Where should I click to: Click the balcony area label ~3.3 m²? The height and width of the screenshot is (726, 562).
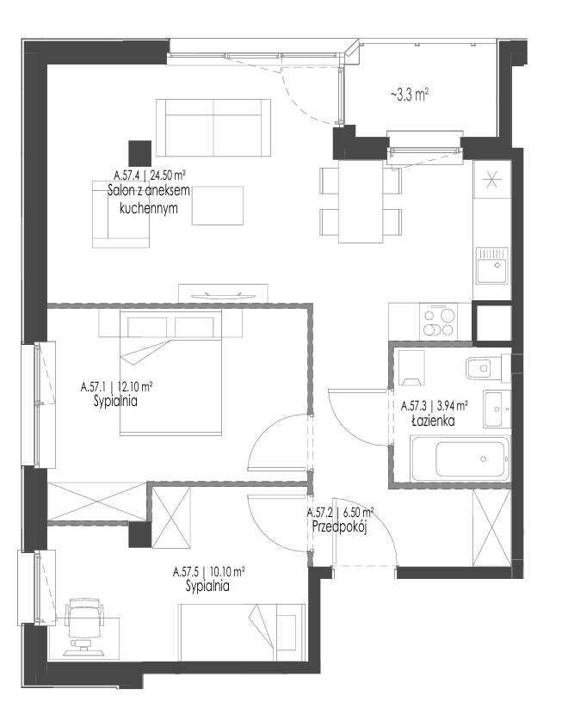[409, 95]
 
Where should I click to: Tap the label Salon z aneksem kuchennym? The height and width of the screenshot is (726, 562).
[149, 199]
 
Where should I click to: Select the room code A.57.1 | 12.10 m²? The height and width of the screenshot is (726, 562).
[117, 386]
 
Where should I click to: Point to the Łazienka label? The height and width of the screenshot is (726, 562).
[433, 421]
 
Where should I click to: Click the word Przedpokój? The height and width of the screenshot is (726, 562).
[340, 527]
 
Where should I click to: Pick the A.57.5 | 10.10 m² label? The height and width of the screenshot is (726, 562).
[208, 572]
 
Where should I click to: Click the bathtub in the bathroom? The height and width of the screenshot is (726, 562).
[460, 458]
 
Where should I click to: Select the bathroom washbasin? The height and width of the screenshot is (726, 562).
[497, 409]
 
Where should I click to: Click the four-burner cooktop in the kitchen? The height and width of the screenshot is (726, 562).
[438, 321]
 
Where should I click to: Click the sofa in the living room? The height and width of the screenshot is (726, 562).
[213, 127]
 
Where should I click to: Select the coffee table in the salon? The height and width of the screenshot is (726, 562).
[218, 206]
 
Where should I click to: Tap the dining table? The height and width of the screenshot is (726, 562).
[361, 201]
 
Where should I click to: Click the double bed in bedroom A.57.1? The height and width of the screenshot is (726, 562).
[170, 372]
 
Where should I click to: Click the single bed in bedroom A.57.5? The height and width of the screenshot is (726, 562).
[243, 632]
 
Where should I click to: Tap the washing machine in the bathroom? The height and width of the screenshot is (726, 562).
[411, 367]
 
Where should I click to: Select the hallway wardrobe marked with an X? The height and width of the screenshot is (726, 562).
[491, 527]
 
